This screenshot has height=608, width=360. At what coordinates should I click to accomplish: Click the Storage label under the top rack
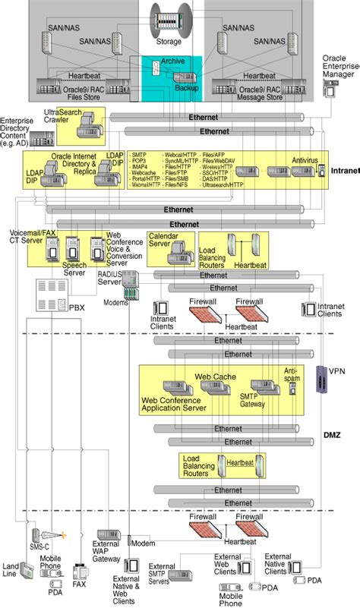(169, 42)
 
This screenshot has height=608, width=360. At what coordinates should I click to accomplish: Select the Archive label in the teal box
(172, 62)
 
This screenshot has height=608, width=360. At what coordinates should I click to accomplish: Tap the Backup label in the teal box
(186, 88)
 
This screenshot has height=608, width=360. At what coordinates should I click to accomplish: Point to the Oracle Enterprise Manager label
(339, 66)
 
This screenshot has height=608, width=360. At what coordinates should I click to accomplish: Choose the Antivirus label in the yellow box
(305, 160)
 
